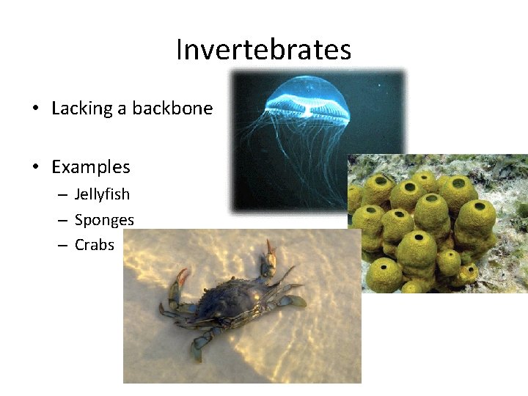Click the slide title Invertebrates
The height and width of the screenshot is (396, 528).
tap(263, 50)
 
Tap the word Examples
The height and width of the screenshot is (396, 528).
tap(90, 167)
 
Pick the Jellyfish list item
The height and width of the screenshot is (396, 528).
tap(102, 194)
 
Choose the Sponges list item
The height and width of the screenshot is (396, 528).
tap(104, 220)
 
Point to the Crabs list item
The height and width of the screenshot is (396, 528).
tap(95, 245)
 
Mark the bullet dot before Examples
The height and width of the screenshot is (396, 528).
tap(35, 168)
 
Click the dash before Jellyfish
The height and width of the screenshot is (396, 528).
tap(63, 195)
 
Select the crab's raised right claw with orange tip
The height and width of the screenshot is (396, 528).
tap(271, 252)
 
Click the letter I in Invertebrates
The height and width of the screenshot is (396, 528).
tap(179, 50)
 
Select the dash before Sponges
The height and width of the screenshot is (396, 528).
tap(63, 221)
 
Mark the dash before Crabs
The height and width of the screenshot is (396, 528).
tap(63, 246)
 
